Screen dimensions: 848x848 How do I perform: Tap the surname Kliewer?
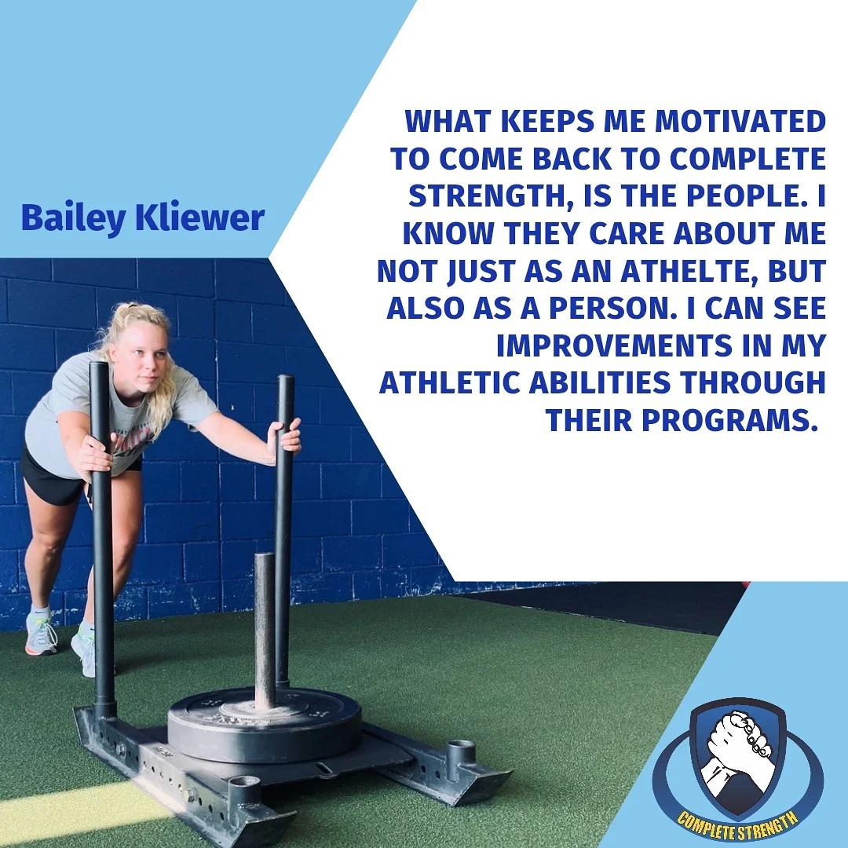click(199, 217)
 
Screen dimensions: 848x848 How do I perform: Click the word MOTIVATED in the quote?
click(740, 121)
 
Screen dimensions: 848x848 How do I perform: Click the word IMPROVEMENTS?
click(615, 345)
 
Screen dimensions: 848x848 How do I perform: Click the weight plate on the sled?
click(265, 724)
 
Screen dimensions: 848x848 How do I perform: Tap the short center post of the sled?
click(265, 631)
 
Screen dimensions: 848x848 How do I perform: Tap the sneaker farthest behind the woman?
click(41, 633)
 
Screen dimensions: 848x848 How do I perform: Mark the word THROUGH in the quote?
click(753, 382)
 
